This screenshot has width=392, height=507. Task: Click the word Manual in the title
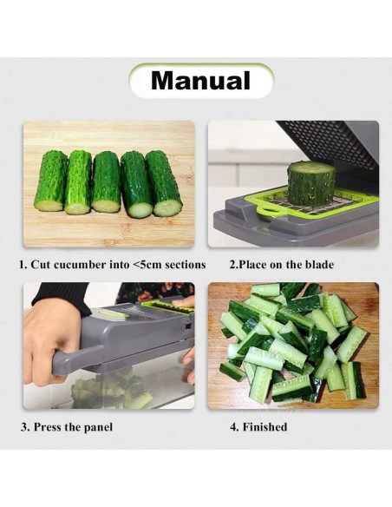[200, 80]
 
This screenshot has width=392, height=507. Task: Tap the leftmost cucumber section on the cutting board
[50, 181]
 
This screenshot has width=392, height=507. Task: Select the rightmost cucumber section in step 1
[164, 183]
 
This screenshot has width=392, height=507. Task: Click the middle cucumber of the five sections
[106, 181]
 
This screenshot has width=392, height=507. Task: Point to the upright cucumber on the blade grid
[312, 184]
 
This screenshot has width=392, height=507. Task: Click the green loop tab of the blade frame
[270, 210]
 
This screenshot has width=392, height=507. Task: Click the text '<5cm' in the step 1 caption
[147, 265]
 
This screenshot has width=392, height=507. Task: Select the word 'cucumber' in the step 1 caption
[80, 265]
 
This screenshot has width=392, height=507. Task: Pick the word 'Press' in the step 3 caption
[48, 427]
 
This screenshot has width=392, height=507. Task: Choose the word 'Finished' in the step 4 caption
[265, 427]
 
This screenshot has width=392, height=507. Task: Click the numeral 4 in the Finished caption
[233, 427]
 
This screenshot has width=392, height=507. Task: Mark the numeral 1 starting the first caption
[22, 265]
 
